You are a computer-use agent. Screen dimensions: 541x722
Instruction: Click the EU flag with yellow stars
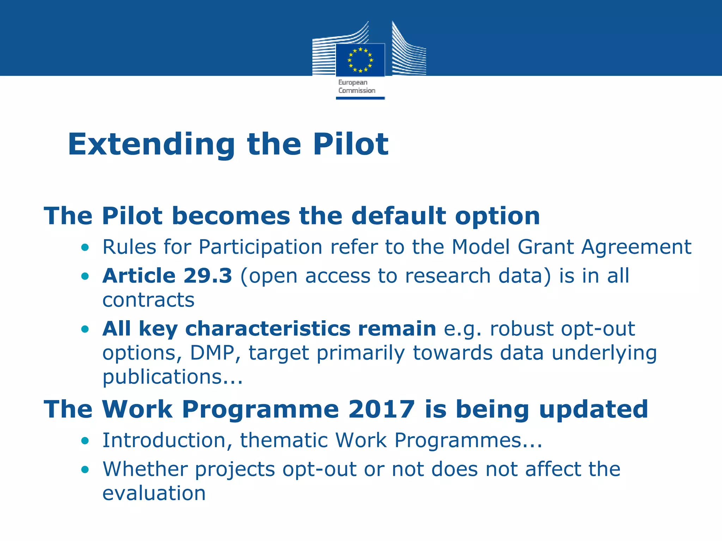(360, 60)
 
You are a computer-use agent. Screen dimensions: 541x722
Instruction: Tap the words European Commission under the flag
(356, 87)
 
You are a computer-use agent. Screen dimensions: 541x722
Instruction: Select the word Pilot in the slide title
(350, 144)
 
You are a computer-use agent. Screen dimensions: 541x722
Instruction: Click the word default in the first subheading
(399, 216)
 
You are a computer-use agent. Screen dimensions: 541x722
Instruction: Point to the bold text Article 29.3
(167, 276)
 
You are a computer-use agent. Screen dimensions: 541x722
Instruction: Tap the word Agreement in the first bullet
(636, 247)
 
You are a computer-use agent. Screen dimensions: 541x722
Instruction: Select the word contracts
(148, 300)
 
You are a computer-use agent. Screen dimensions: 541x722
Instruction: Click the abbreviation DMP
(212, 353)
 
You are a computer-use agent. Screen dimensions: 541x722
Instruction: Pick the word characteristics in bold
(268, 329)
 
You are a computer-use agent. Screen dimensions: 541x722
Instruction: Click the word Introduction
(164, 440)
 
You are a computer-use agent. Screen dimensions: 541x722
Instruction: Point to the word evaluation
(154, 493)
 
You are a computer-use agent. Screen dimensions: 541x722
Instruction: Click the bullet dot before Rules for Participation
(85, 248)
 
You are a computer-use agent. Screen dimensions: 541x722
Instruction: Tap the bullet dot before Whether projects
(85, 470)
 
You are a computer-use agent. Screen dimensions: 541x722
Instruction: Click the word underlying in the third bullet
(604, 353)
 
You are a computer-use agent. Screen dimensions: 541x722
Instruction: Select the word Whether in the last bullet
(145, 469)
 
